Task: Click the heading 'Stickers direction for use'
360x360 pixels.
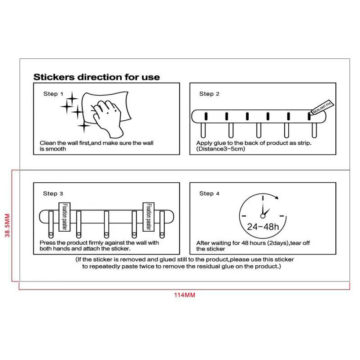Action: coord(97,77)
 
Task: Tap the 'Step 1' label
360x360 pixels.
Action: coord(53,94)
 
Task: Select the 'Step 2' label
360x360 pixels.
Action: coord(209,94)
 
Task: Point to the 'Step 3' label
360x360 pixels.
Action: coord(53,193)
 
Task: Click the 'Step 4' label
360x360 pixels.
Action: coord(209,193)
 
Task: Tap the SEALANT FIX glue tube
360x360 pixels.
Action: coord(322,107)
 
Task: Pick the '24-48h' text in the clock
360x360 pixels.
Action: coord(263,227)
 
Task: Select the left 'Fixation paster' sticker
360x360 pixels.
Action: coord(65,217)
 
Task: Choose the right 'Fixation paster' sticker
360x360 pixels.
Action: coord(149,217)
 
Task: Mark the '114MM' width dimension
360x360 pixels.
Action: coord(184,295)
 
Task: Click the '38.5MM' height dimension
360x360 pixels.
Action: coord(7,225)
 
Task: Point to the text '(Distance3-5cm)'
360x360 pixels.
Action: coord(221,149)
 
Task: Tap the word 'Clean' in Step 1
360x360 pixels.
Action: coord(48,143)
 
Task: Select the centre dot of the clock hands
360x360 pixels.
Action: coord(263,216)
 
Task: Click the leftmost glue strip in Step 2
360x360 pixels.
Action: coord(206,116)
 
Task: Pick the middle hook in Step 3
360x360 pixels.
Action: coord(106,224)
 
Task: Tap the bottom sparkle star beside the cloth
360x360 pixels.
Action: coord(84,126)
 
